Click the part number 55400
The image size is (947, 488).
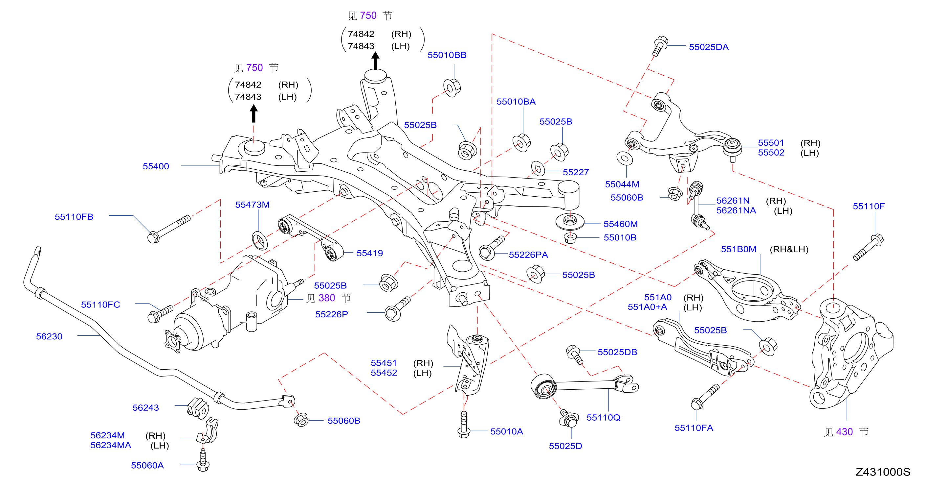tap(156, 166)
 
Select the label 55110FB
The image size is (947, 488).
tap(74, 217)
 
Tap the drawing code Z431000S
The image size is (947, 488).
tap(883, 472)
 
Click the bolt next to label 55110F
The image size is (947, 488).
tap(868, 247)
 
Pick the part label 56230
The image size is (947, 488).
tap(49, 336)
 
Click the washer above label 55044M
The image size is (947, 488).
tap(625, 159)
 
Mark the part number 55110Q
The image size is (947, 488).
tap(603, 417)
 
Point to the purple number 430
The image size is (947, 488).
tap(845, 432)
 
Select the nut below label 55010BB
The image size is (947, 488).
tap(452, 87)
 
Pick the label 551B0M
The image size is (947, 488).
tap(738, 249)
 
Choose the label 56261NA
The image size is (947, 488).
tap(736, 210)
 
